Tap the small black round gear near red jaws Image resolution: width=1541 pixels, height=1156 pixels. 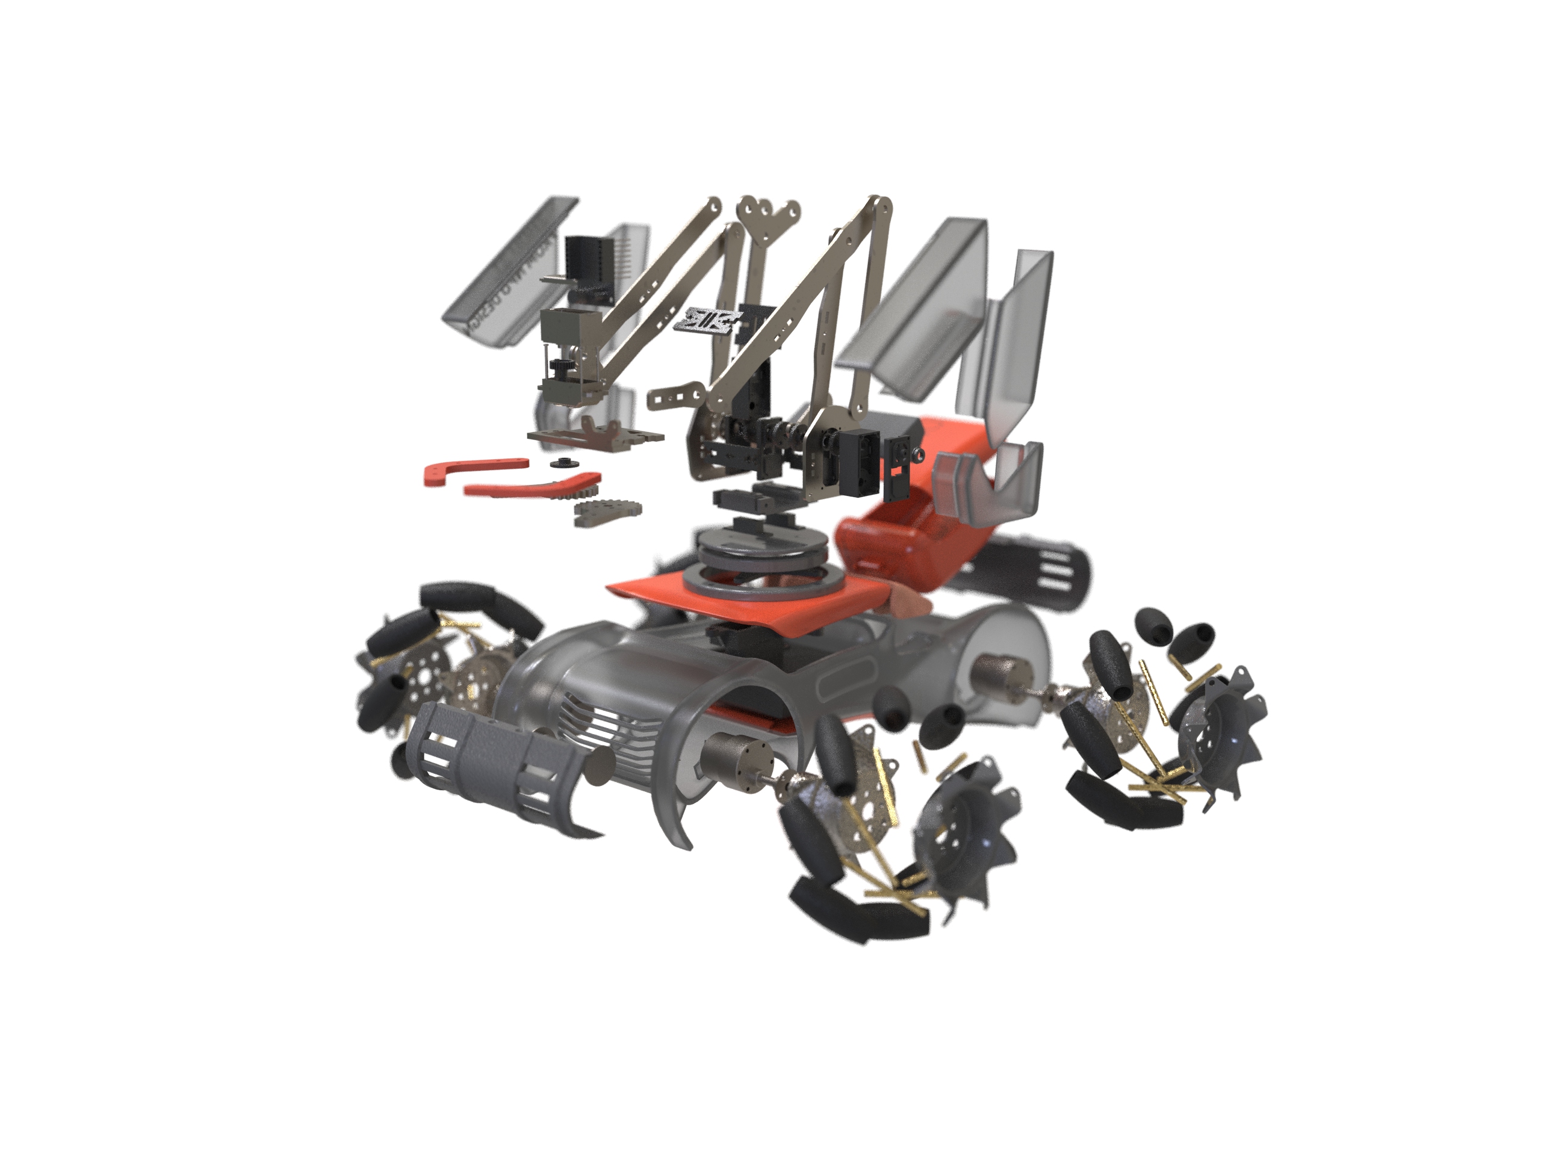[x=561, y=464]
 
